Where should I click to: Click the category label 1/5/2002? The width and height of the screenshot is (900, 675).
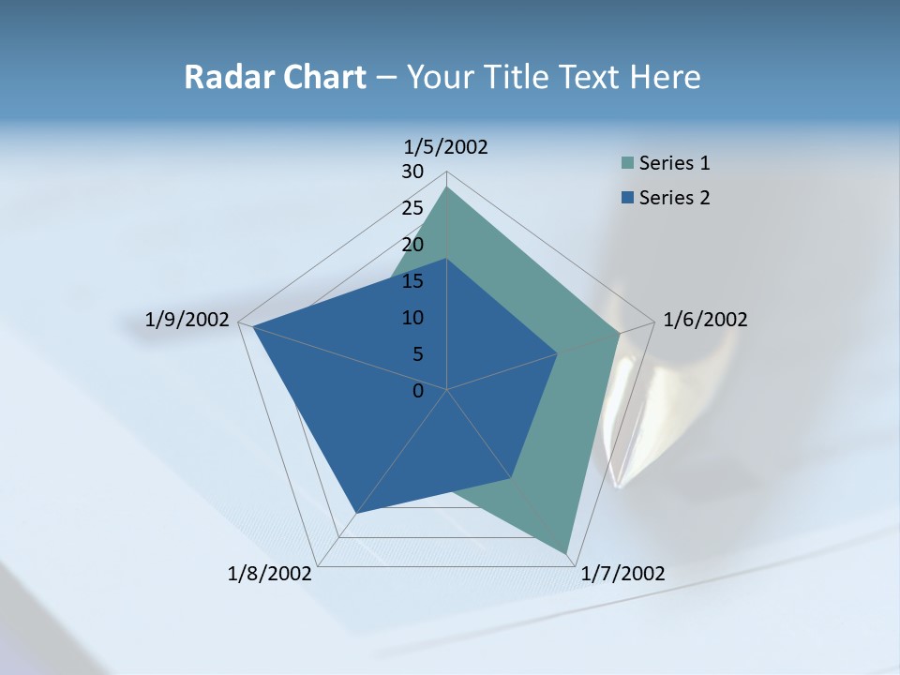click(x=446, y=147)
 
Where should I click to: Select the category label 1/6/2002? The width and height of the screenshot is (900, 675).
click(x=705, y=320)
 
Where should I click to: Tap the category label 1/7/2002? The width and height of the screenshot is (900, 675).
click(x=622, y=574)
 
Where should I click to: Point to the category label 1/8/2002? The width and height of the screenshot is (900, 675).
click(x=270, y=574)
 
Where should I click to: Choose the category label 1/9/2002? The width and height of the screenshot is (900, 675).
click(x=187, y=320)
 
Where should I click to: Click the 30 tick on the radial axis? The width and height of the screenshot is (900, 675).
click(x=412, y=172)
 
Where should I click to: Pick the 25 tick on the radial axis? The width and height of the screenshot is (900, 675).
click(x=412, y=208)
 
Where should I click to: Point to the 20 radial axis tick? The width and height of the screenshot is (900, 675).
click(x=412, y=245)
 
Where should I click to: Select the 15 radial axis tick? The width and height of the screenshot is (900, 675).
click(x=412, y=281)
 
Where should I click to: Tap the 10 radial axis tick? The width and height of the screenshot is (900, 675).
click(x=412, y=318)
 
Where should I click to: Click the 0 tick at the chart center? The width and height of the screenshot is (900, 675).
click(x=418, y=391)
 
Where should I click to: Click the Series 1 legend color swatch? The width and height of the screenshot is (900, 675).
click(x=627, y=163)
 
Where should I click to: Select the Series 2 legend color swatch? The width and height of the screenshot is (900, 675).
click(x=627, y=198)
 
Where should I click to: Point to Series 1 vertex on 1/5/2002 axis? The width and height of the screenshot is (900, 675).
click(x=447, y=187)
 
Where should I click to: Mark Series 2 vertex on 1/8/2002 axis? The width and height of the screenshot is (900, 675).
click(x=355, y=513)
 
